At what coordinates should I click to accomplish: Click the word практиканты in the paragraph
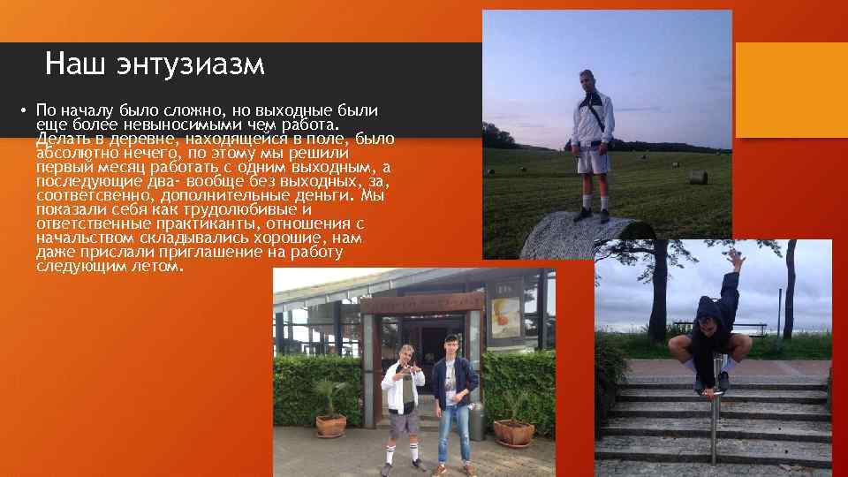187,224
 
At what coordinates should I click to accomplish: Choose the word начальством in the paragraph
89,238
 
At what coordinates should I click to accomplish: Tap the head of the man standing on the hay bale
587,79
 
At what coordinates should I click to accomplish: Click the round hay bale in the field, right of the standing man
699,177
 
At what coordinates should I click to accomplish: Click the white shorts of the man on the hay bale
592,162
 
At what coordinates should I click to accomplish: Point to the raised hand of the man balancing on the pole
735,258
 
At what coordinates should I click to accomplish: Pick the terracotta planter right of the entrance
513,431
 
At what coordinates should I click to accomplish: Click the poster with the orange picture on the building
505,317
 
